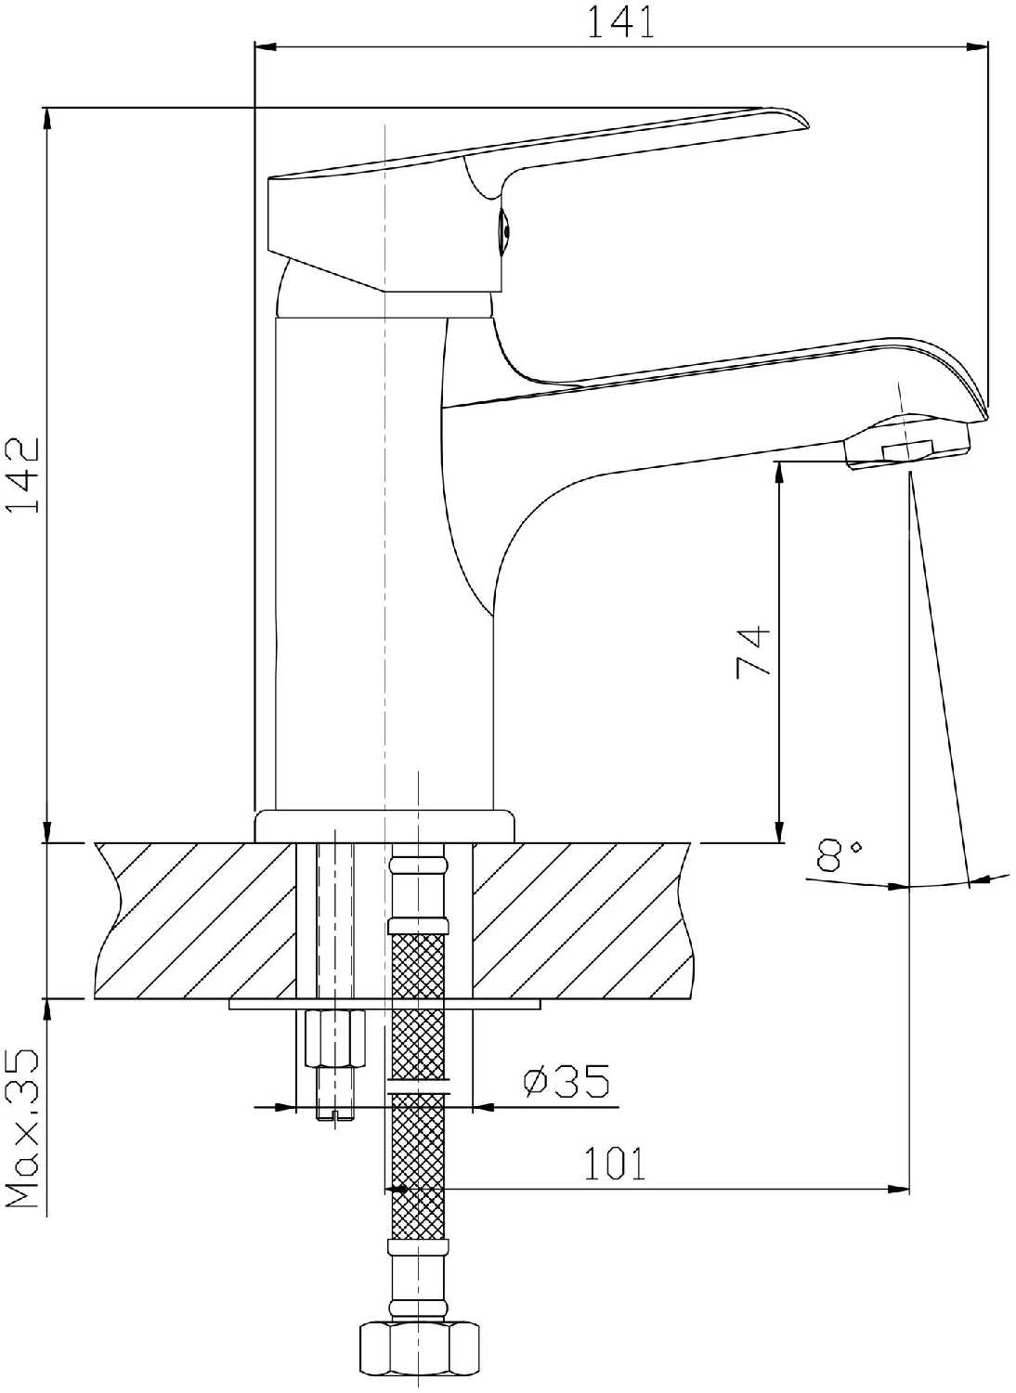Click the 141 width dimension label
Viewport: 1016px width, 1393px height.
[619, 21]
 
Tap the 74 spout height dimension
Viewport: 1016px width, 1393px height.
[752, 652]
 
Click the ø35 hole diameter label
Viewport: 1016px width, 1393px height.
[566, 1082]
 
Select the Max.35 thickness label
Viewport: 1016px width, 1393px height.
[23, 1128]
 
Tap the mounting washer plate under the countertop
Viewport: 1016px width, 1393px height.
[384, 1004]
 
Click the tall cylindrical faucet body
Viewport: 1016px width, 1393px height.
[384, 557]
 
